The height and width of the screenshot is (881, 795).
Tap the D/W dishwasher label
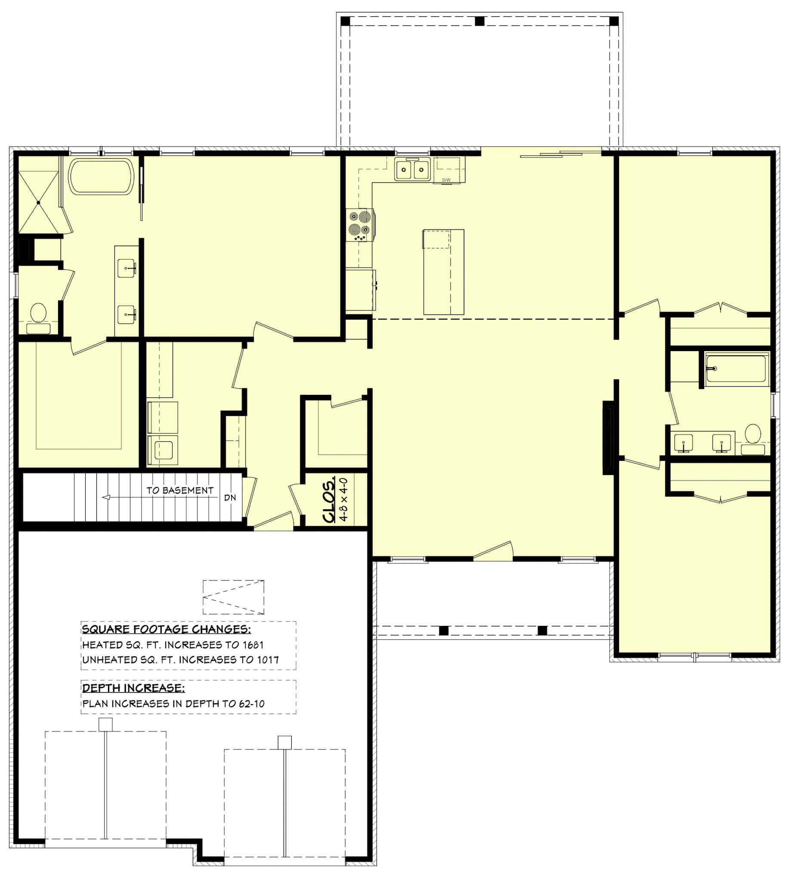pos(446,180)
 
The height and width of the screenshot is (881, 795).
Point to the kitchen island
pos(444,272)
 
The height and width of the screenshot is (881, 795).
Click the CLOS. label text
pos(330,500)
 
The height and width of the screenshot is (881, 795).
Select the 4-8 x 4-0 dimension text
pos(344,499)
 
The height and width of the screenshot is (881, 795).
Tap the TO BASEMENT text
pos(180,490)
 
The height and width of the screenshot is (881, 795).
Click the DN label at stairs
pos(230,498)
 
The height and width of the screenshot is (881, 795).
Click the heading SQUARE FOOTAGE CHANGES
pos(166,629)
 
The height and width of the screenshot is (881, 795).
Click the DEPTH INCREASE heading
pos(133,688)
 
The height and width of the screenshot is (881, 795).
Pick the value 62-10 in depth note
pos(252,704)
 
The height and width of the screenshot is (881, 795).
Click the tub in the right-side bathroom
pos(736,369)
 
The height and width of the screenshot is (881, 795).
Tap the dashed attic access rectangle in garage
pos(233,597)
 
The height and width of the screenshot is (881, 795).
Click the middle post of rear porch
pos(480,21)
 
